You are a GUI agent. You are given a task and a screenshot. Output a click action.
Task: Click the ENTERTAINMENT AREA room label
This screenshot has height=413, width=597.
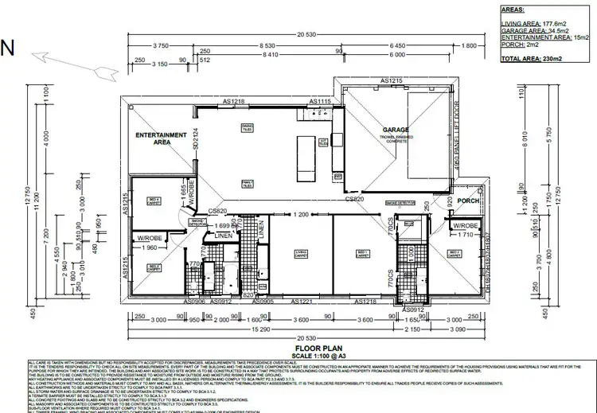tap(160, 139)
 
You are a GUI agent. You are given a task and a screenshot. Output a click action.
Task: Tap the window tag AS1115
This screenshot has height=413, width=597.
tap(320, 101)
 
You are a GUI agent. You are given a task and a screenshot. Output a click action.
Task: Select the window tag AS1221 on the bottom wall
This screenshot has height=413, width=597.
tap(301, 302)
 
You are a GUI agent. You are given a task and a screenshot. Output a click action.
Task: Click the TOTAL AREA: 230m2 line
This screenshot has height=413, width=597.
tap(532, 58)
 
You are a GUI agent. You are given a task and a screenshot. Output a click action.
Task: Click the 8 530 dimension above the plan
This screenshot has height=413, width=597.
tap(249, 46)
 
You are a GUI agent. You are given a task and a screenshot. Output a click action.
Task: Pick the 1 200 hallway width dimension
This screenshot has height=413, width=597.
tap(300, 216)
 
